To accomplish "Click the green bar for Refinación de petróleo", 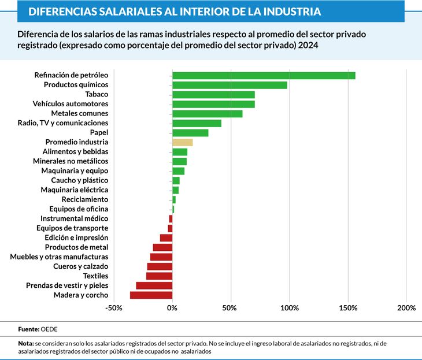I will (x=264, y=75).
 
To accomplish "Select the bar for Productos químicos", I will (x=229, y=85).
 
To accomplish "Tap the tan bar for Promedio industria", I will (x=182, y=142).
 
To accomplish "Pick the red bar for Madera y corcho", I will (x=151, y=295).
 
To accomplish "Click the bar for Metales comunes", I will (x=207, y=114).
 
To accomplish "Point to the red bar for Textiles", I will (x=159, y=276).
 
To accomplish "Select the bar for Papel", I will (x=190, y=133).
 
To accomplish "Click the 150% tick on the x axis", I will (x=348, y=307).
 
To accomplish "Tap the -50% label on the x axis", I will (x=114, y=307).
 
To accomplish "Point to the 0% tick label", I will (x=172, y=307).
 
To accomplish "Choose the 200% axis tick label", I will (x=406, y=307).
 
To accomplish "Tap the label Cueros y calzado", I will (x=80, y=266).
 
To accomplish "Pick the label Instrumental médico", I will (x=74, y=218).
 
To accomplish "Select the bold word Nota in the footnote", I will (x=26, y=343).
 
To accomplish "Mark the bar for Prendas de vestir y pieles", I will (x=154, y=285).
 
